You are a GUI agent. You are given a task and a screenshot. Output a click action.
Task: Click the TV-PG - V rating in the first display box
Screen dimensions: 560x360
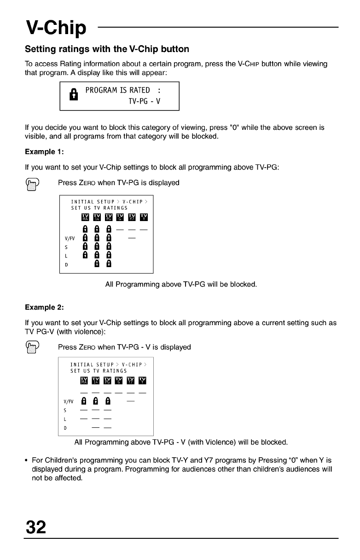coord(144,101)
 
